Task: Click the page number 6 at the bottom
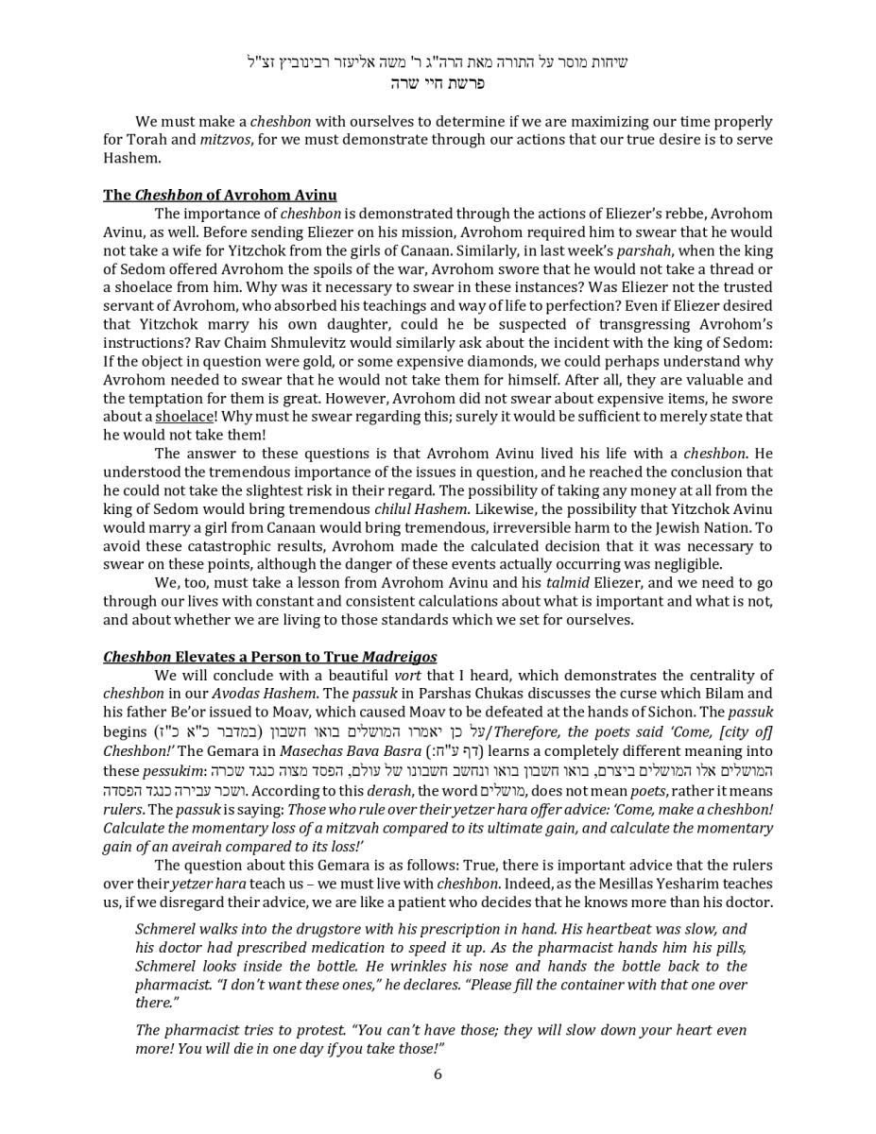pyautogui.click(x=438, y=1074)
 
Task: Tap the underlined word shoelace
pyautogui.click(x=184, y=417)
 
